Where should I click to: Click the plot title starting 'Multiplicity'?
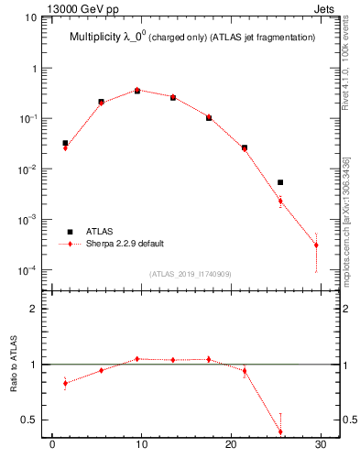192,38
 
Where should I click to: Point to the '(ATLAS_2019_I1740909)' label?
190,274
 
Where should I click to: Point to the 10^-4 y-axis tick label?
29,270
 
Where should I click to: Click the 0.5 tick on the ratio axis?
31,420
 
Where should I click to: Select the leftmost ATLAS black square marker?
65,143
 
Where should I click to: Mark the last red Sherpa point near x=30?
316,245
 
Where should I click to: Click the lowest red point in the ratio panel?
280,431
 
